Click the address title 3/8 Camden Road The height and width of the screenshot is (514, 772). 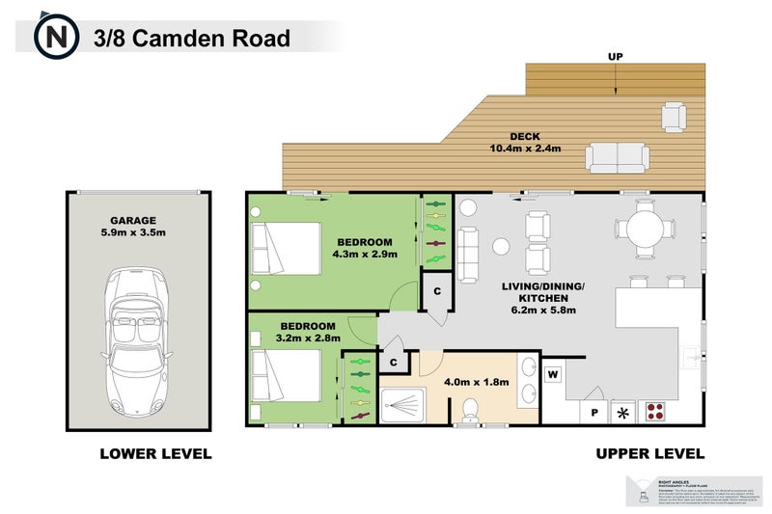pyautogui.click(x=192, y=39)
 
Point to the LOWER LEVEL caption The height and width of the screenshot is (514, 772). pyautogui.click(x=155, y=453)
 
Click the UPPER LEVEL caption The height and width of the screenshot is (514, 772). pyautogui.click(x=649, y=453)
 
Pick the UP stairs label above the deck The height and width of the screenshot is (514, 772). pyautogui.click(x=615, y=57)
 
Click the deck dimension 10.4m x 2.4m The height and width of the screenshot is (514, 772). pyautogui.click(x=525, y=149)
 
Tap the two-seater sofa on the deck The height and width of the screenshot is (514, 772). pyautogui.click(x=617, y=156)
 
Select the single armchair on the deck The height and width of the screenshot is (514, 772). pyautogui.click(x=674, y=117)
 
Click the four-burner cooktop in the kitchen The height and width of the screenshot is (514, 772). pyautogui.click(x=656, y=412)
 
